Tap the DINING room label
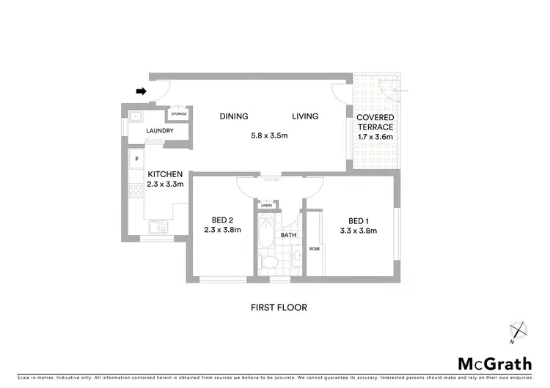click(234, 116)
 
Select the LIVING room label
click(305, 116)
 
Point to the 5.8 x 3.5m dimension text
click(269, 135)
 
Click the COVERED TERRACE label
click(375, 122)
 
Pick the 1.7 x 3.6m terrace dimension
click(375, 137)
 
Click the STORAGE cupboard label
click(179, 114)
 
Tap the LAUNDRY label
click(160, 131)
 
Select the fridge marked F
click(136, 159)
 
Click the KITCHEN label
click(165, 174)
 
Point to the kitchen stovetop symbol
click(136, 192)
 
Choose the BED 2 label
click(221, 220)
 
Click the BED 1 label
click(359, 220)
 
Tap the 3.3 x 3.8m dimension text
click(359, 231)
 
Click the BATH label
click(288, 235)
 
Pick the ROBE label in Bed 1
click(313, 248)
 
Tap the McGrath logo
click(496, 364)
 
